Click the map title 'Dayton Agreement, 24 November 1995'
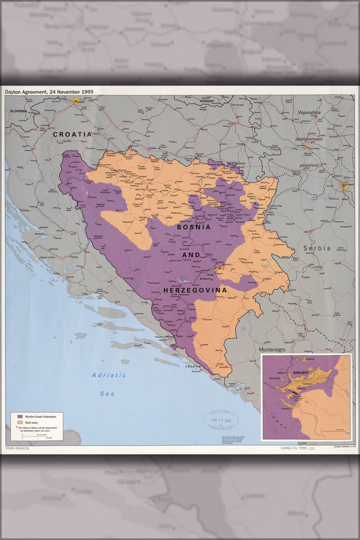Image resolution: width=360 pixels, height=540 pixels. pos(49,92)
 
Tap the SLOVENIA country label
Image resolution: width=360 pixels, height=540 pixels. pos(18,111)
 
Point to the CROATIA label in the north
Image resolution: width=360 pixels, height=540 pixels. pos(72,133)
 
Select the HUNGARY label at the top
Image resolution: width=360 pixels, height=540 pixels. pos(207,101)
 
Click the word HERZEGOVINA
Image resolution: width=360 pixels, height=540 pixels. pos(195,290)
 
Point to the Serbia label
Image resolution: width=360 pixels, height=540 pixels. pos(315,248)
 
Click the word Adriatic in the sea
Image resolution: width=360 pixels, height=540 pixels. pos(108,375)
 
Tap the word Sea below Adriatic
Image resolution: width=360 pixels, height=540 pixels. pos(107,394)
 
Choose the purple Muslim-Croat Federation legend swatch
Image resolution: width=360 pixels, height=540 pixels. pos(20,417)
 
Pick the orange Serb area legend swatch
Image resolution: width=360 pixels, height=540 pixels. pos(20,422)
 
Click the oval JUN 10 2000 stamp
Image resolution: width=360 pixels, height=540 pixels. pos(220,420)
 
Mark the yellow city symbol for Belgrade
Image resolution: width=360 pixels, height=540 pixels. pos(344,185)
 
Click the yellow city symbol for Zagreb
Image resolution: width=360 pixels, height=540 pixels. pos(76,100)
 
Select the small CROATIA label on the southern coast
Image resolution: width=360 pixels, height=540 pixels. pos(193,367)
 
